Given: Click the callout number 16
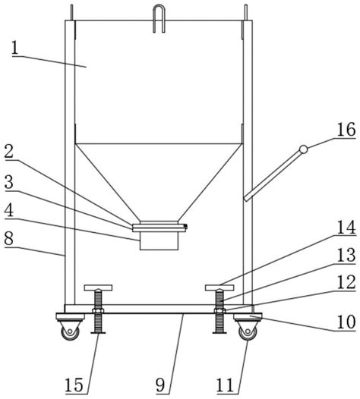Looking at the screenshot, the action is coord(346,130).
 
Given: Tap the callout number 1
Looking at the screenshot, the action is coord(15,48).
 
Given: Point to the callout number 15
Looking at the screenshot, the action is coord(74,385).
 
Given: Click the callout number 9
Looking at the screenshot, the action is coord(160,385).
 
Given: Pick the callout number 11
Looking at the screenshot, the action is coord(226,385).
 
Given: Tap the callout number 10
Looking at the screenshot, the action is coord(346,322).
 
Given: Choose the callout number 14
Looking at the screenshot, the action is coord(346,228).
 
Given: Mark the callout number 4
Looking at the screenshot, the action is coord(9,210).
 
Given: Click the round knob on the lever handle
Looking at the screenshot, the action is coord(303,149).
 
